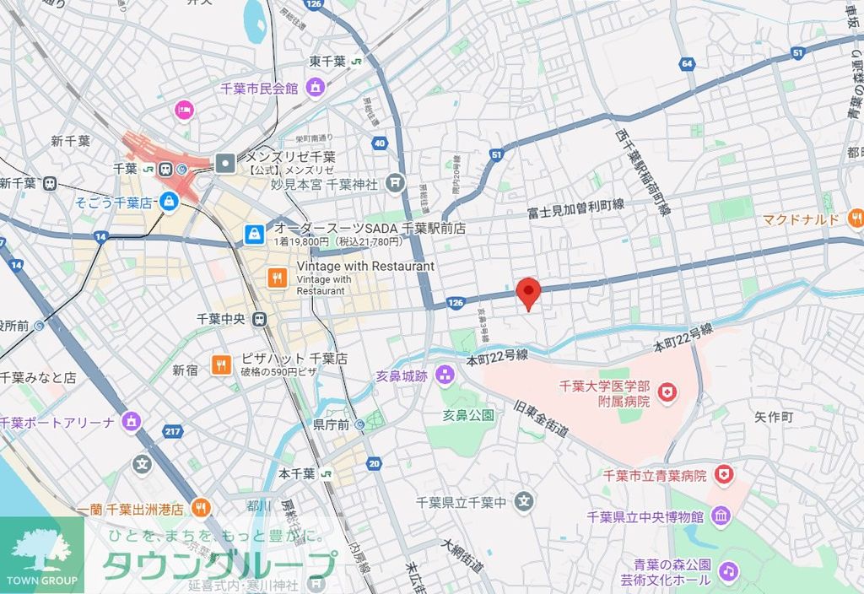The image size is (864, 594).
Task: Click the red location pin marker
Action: (528, 293)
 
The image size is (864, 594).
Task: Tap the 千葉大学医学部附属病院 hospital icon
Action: (668, 391)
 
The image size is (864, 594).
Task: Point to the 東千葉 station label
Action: (327, 61)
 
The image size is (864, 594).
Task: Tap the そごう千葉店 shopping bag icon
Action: (169, 202)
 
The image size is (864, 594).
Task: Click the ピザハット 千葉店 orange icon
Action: (221, 364)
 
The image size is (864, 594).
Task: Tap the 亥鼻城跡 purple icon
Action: (445, 377)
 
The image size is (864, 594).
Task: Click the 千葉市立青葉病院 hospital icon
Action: (723, 476)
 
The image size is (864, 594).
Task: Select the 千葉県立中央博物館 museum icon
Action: (721, 516)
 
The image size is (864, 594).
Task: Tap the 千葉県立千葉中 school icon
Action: (525, 502)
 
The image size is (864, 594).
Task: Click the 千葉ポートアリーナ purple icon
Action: (131, 421)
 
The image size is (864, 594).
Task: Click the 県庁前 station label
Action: (331, 424)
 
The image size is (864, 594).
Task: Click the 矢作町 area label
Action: (774, 417)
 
